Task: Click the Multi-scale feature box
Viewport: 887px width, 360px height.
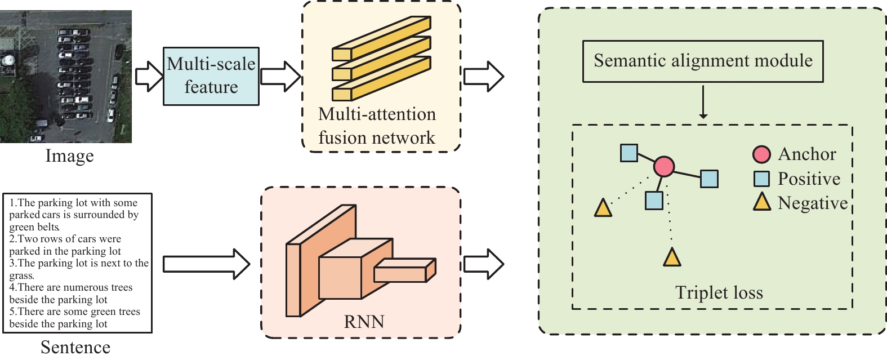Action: click(x=211, y=76)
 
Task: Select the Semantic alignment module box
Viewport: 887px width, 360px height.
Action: click(x=703, y=61)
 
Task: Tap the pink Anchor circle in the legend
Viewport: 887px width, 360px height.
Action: click(x=761, y=154)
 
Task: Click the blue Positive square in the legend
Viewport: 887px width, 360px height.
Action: click(x=761, y=179)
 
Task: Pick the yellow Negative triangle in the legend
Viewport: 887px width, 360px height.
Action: click(x=761, y=202)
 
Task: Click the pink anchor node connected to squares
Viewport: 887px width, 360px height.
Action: click(x=663, y=166)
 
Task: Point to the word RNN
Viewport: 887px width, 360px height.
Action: click(x=364, y=322)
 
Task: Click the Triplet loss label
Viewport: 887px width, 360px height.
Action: click(x=719, y=292)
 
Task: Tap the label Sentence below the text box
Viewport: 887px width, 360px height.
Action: click(x=75, y=348)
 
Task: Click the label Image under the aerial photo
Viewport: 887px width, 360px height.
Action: click(x=70, y=155)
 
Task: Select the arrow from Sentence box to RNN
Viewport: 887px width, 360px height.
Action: click(x=206, y=264)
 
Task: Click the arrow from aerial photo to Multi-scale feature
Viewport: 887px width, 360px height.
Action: click(x=149, y=77)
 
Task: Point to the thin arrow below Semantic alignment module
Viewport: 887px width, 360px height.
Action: click(x=703, y=102)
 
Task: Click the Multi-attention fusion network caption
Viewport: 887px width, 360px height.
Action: click(x=377, y=126)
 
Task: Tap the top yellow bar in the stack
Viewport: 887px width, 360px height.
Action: click(x=381, y=38)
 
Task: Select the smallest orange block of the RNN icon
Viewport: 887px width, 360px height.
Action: click(x=405, y=270)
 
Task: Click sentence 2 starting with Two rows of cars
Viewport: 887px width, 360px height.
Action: click(x=65, y=245)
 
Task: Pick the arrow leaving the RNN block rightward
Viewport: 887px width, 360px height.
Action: click(x=484, y=264)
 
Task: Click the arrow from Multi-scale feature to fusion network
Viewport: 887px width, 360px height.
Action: click(x=280, y=77)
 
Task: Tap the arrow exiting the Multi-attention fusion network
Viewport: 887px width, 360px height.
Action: click(x=484, y=77)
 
